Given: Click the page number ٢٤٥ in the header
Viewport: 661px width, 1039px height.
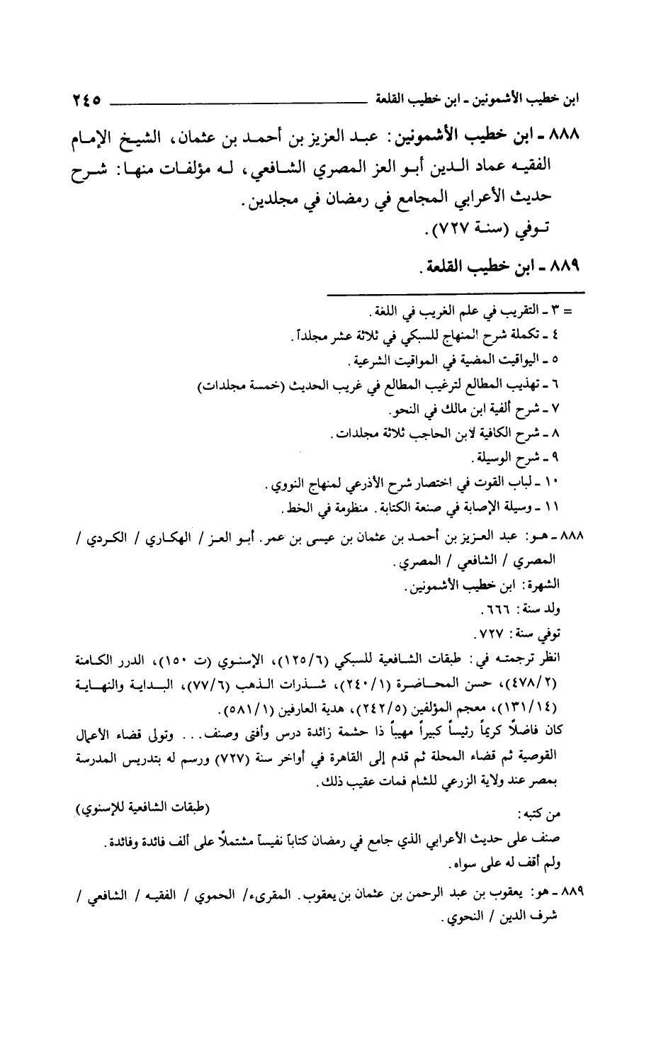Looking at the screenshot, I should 81,100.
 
